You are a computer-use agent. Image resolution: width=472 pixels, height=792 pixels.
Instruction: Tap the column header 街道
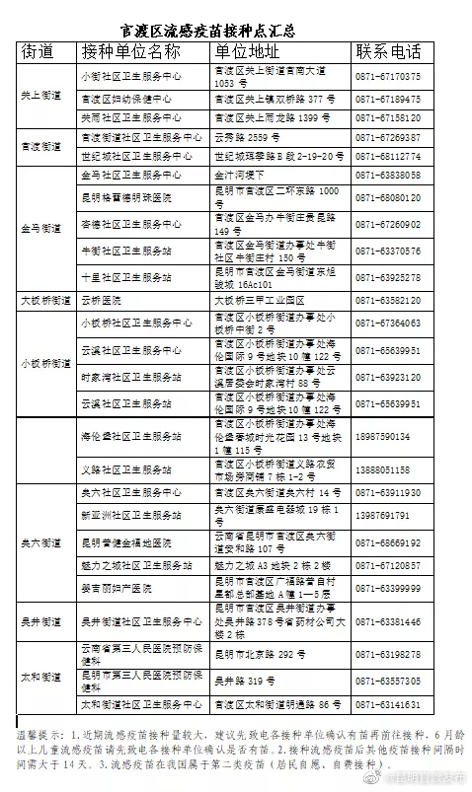point(39,52)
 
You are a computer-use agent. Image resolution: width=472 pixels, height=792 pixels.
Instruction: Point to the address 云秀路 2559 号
point(241,137)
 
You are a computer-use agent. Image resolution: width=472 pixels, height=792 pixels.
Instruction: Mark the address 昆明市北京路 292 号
point(253,654)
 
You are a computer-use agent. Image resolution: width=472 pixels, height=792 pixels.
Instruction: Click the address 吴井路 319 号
point(242,680)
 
